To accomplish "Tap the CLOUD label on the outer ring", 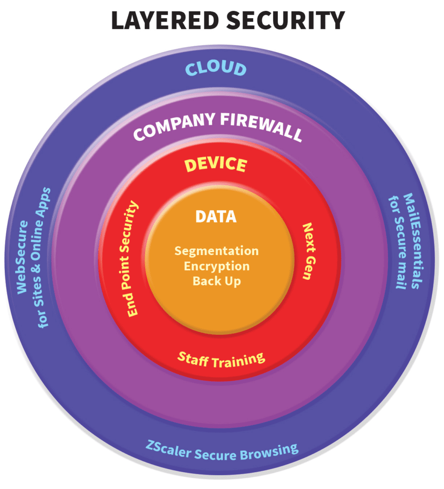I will [216, 69].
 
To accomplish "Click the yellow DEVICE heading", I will [216, 165].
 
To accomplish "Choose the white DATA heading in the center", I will [216, 216].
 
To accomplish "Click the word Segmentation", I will [217, 250].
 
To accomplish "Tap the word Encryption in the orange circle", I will [217, 266].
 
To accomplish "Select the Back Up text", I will [217, 281].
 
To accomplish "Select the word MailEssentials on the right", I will [412, 241].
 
